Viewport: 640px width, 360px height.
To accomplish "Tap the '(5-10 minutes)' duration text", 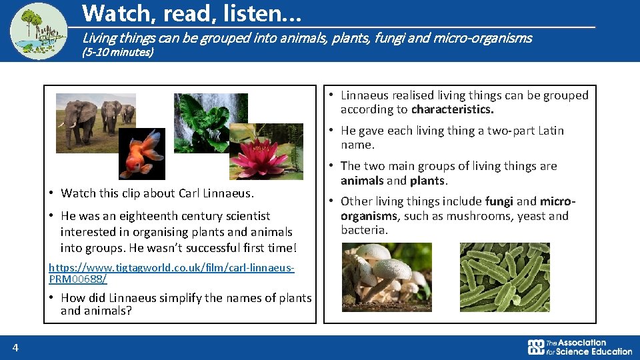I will (117, 52).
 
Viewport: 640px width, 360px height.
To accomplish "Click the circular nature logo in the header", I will (39, 31).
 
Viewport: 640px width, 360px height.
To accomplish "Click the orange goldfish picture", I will (142, 154).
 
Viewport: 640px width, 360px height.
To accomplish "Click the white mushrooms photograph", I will (387, 277).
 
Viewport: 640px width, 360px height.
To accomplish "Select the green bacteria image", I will (505, 277).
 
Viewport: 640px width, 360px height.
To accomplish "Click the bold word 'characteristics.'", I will (452, 109).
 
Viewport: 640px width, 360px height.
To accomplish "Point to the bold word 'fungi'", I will (499, 201).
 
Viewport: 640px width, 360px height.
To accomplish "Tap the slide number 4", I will (15, 347).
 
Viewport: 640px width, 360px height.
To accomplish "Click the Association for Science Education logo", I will (579, 347).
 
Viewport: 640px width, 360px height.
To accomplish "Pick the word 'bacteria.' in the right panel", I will (364, 230).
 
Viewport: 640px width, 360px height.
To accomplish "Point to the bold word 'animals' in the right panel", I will (362, 180).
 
